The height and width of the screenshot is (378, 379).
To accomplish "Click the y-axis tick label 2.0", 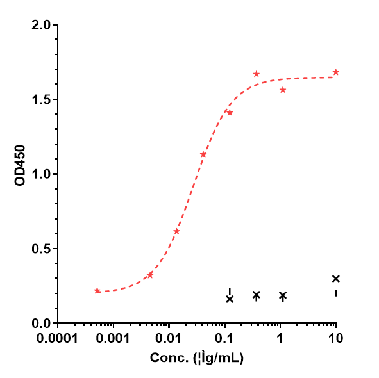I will coord(42,25).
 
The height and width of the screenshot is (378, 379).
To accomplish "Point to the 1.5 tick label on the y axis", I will coord(42,99).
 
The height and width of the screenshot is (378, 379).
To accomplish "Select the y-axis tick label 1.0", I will coord(42,174).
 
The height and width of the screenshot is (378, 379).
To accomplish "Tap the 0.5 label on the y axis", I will coord(42,249).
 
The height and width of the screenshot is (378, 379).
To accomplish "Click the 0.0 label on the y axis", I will coord(42,324).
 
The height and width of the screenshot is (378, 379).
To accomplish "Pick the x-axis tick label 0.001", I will coord(114,337).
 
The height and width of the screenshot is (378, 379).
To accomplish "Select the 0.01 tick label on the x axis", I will coord(169,337).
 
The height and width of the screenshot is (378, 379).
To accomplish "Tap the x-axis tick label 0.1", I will coord(224,337).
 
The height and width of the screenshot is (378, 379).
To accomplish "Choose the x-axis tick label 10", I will coord(335,337).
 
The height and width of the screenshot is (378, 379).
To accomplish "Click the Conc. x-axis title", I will coord(197,359).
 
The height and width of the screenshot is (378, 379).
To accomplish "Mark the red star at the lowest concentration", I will coord(97,291).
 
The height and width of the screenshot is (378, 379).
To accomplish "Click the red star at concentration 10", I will coord(335,72).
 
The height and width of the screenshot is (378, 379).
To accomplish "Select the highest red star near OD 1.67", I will coord(257,74).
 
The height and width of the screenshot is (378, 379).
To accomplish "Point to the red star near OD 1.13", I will coord(203,154).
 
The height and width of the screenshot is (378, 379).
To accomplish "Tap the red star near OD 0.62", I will coord(176,231).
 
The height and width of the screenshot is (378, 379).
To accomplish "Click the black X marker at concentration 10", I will coord(336,279).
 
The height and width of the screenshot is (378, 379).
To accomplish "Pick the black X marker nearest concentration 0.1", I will coord(230,299).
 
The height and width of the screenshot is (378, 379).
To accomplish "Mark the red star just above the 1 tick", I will coord(283,90).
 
